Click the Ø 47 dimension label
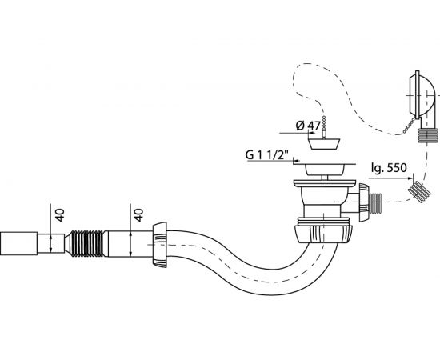click(308, 126)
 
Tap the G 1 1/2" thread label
click(267, 154)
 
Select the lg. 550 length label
click(389, 168)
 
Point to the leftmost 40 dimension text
click(60, 215)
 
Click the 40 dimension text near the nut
click(138, 215)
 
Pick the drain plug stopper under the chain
click(324, 144)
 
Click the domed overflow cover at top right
click(421, 94)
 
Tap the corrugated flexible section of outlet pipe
click(86, 243)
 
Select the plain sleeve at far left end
click(18, 243)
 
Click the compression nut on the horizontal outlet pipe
click(159, 245)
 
